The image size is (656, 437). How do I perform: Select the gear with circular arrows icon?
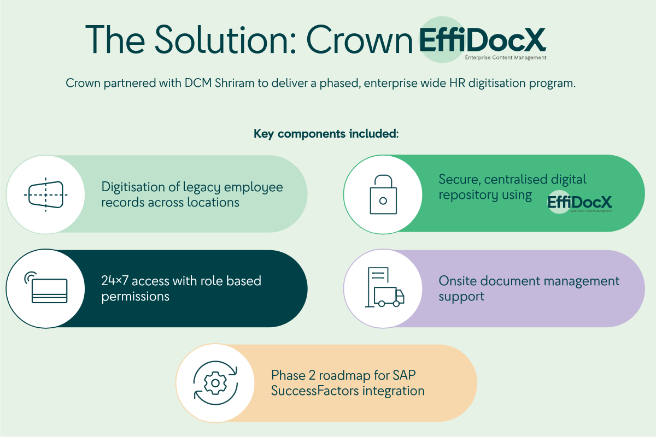[x=215, y=382]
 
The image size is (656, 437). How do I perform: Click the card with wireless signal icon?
[x=47, y=288]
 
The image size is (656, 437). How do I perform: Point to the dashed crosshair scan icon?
[x=46, y=194]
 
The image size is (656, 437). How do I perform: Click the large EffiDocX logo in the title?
[x=482, y=40]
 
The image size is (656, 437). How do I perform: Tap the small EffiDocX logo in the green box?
[x=579, y=203]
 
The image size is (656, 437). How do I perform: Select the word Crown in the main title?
[x=359, y=39]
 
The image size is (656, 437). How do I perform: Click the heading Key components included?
[x=326, y=134]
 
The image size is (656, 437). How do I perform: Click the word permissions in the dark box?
[x=136, y=296]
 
